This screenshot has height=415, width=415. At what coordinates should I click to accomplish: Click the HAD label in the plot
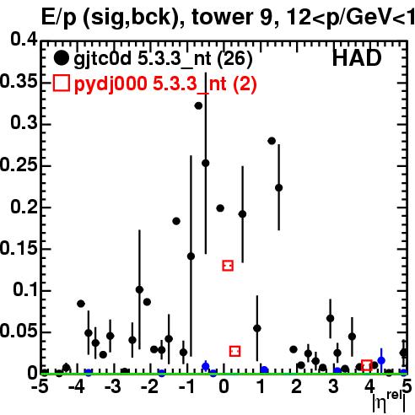[357, 58]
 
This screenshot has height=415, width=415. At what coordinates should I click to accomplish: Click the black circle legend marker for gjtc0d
[61, 58]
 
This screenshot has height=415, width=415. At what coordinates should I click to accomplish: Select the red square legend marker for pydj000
[61, 83]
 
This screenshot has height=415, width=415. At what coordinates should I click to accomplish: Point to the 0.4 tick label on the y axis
[24, 40]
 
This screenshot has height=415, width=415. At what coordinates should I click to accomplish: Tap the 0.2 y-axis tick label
[24, 207]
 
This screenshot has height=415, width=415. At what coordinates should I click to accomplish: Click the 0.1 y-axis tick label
[25, 289]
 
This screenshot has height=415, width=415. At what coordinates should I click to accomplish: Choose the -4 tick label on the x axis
[77, 386]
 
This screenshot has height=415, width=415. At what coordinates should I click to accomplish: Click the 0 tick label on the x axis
[224, 386]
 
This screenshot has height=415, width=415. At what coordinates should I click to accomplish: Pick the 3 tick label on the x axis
[333, 386]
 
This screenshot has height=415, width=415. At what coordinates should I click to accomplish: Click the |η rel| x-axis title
[390, 402]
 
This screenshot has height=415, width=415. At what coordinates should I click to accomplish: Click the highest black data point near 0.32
[198, 105]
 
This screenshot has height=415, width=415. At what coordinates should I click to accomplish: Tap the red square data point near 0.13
[228, 266]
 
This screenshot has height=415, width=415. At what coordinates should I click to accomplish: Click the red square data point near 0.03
[234, 351]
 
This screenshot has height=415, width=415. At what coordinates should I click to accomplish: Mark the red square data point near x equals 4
[367, 365]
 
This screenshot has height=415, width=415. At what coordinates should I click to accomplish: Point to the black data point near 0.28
[272, 141]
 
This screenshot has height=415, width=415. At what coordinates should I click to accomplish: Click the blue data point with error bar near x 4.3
[381, 360]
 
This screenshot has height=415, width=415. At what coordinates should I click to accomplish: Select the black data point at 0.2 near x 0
[220, 208]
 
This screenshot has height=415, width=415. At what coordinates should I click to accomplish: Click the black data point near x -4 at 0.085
[81, 304]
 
